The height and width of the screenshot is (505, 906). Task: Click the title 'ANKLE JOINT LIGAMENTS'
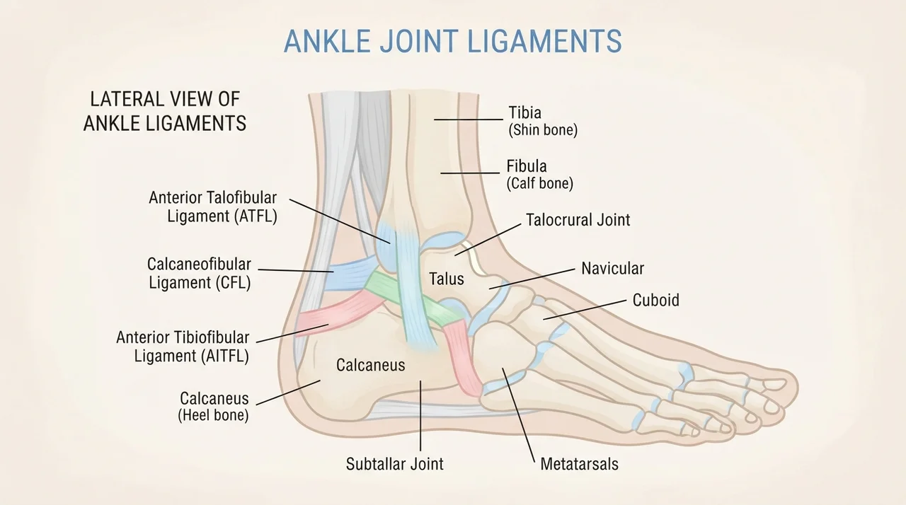[452, 41]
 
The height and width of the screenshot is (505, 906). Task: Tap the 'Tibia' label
[524, 112]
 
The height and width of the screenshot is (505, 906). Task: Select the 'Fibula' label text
[526, 166]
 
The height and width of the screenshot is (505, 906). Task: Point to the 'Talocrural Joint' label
[578, 220]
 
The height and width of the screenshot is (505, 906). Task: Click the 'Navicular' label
[612, 268]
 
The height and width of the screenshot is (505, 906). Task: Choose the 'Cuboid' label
[655, 300]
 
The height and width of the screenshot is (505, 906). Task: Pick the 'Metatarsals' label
[579, 464]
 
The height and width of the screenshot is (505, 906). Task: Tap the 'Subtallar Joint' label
[394, 464]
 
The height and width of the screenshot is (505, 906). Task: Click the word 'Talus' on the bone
[446, 279]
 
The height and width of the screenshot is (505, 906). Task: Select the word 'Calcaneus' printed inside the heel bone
[370, 365]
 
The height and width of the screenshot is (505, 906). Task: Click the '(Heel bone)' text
[213, 415]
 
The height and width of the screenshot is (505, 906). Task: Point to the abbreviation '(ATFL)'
[256, 216]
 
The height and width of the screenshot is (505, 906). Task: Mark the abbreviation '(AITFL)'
[223, 356]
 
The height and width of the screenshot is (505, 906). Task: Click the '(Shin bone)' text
[543, 130]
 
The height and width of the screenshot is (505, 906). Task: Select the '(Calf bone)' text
[539, 183]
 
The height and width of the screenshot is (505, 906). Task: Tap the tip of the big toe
[797, 383]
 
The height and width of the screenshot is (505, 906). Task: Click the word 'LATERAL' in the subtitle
[124, 100]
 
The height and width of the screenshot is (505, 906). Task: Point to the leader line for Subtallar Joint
[420, 415]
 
